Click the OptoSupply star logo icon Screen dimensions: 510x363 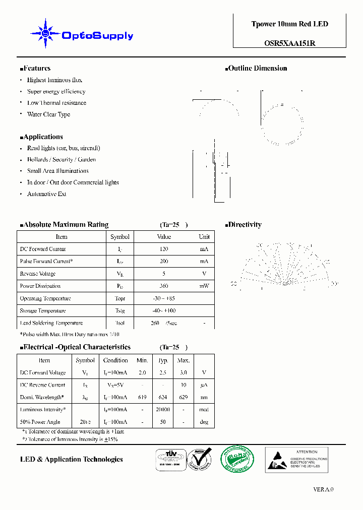pos(45,34)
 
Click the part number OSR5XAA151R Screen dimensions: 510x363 pos(289,43)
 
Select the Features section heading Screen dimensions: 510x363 pos(35,69)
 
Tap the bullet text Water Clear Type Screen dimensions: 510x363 pos(48,114)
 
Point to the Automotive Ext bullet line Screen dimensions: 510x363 pos(46,194)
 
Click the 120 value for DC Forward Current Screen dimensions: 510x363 pos(164,249)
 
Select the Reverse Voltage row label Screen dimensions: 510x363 pos(37,274)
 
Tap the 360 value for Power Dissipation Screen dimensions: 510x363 pos(164,286)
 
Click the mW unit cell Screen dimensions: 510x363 pos(204,286)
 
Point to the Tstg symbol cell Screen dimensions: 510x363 pos(119,311)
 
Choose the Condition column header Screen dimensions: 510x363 pos(115,360)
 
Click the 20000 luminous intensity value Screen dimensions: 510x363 pos(163,410)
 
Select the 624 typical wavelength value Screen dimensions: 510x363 pos(163,397)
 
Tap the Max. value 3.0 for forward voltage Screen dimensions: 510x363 pos(184,373)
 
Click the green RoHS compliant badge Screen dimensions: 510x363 pos(237,459)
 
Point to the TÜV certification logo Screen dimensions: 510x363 pos(169,459)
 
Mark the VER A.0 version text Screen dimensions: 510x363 pos(323,489)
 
